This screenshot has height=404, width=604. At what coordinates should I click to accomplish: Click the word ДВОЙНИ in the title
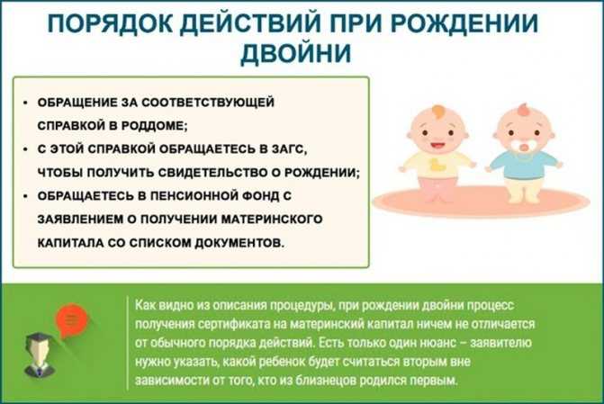tap(295, 53)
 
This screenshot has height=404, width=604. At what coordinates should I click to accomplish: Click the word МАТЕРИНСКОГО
tap(272, 220)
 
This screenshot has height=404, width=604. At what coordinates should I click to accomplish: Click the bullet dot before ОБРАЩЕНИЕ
tap(25, 103)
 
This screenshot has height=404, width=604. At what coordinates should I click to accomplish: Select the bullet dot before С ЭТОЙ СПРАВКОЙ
tap(25, 149)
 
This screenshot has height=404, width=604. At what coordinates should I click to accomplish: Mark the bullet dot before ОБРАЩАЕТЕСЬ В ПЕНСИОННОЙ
tap(25, 196)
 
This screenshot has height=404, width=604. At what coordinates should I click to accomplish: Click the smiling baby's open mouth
tap(437, 147)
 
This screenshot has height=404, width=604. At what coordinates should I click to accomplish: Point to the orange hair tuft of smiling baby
tap(439, 112)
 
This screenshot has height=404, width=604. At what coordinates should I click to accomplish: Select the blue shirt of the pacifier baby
tap(524, 165)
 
